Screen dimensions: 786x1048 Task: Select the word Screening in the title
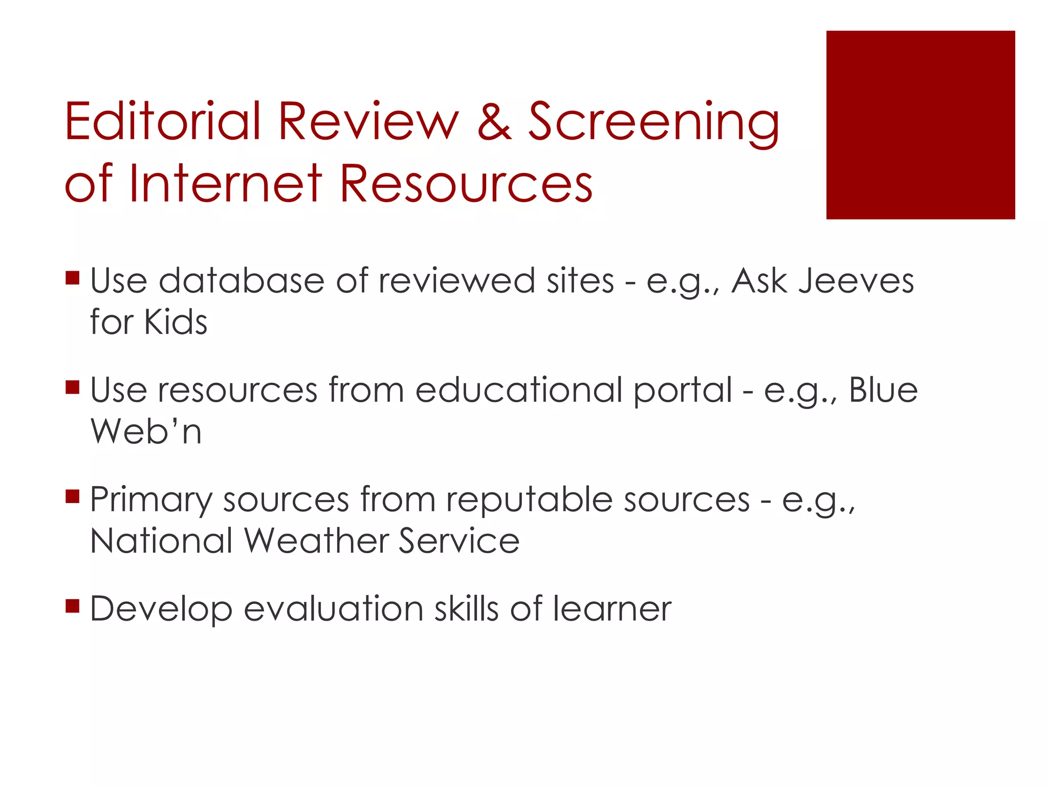click(x=653, y=123)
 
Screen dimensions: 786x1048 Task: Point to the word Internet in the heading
click(x=225, y=183)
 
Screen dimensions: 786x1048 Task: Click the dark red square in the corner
click(x=920, y=125)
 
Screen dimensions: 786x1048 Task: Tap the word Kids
click(x=176, y=322)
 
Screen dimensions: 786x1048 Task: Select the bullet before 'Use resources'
click(x=73, y=387)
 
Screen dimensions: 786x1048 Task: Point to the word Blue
click(x=883, y=390)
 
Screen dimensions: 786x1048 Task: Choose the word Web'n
click(x=146, y=431)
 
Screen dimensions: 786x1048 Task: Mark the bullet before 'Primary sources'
click(x=73, y=496)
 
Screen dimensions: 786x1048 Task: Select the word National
click(x=161, y=541)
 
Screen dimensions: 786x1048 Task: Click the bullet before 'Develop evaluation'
click(x=73, y=606)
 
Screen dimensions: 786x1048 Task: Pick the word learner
click(x=612, y=609)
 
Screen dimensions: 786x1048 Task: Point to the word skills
click(x=466, y=609)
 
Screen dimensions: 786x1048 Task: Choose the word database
click(x=242, y=281)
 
